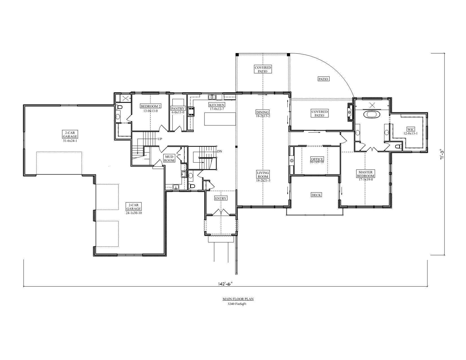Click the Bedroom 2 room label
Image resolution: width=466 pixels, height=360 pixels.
pos(151,106)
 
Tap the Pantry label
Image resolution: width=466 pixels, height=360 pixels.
pos(178,108)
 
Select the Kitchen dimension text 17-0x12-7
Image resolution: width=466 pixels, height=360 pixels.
pos(217,109)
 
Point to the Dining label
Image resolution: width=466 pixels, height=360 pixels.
pos(263,112)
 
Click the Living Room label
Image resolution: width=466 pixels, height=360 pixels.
pos(263,174)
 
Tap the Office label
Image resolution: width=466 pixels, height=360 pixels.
pos(317,159)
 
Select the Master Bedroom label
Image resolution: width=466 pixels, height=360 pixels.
pos(365,174)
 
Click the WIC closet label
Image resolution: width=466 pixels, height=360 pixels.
pos(411,129)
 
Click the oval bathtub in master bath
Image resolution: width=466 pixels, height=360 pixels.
pos(372,115)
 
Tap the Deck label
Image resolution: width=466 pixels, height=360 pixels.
pos(316,195)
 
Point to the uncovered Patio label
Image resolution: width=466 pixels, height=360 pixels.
pos(323,79)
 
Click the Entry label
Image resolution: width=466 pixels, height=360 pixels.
pos(221,198)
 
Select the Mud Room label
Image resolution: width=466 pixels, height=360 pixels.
pos(169,158)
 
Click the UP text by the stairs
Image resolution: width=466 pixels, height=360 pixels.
pos(160,139)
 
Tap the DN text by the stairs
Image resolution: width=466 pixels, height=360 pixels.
pos(219,151)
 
